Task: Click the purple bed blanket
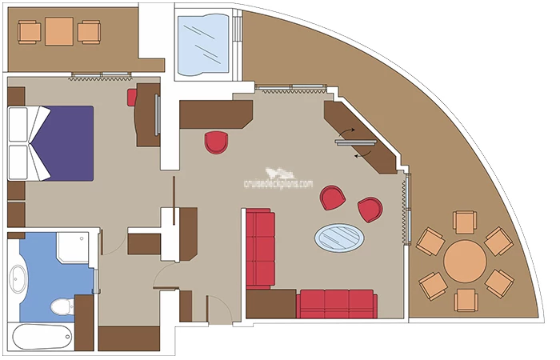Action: pos(64,143)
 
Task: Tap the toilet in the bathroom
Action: pos(62,306)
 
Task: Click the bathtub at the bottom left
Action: pos(43,337)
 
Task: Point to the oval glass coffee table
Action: pos(339,238)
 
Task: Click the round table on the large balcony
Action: pos(465,261)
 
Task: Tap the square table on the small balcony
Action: pos(59,31)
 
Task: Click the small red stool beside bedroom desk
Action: pos(132,98)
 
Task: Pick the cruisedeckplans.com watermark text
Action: pos(278,183)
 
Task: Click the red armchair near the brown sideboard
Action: pos(216,142)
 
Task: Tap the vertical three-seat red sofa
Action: pos(260,250)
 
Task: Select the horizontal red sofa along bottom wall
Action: pos(337,303)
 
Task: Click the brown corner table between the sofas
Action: pos(271,303)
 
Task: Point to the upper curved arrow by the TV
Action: pos(346,132)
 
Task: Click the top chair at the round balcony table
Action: pos(465,222)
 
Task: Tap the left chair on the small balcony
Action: pos(30,32)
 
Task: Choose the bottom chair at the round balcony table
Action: pos(466,300)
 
